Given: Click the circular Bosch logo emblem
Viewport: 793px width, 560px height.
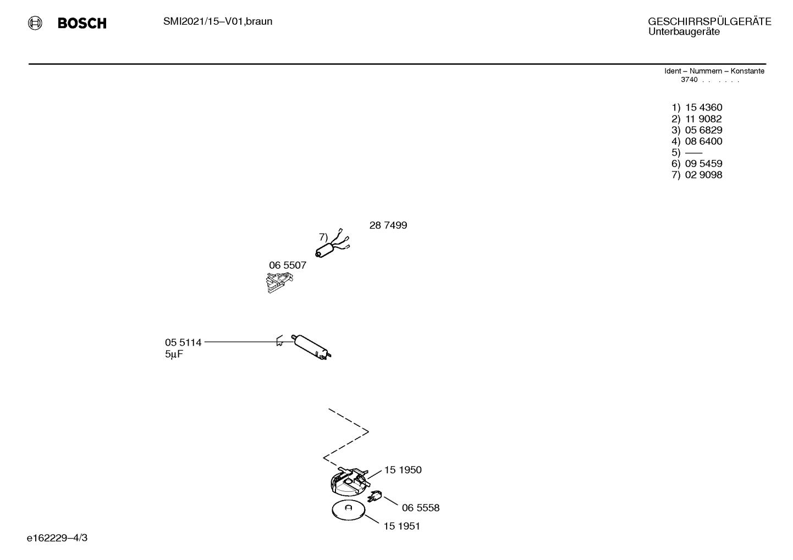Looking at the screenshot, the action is coord(35,23).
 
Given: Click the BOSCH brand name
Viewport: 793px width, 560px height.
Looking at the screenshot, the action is coord(82,23).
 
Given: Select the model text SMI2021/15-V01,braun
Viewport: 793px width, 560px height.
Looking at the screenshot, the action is coord(218,21).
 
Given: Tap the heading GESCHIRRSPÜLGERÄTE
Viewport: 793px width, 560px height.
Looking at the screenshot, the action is coord(709,21).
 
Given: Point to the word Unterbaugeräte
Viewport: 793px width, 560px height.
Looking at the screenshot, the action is coord(684,32).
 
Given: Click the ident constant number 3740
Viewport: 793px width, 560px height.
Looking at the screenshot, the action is coord(689,80).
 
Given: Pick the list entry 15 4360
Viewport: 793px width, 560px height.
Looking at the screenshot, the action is coord(703,107).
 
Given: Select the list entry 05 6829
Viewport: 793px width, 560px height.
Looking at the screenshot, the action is coord(703,130).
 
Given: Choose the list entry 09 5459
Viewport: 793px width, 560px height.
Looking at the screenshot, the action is coord(703,163).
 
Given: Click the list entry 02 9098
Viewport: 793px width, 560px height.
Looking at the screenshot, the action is coord(703,175).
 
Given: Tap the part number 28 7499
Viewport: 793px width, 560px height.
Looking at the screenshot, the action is coord(388,225).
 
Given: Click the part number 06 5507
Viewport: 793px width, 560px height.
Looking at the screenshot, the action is coord(288,265).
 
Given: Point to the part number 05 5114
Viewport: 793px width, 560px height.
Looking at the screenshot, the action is coord(183,342).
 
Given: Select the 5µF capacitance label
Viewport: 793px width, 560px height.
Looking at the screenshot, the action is coord(174,354).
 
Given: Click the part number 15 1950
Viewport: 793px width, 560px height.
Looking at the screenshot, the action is coord(403,470).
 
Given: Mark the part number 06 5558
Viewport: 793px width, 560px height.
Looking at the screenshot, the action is coord(421,508).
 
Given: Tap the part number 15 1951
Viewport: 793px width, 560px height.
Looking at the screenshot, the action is coord(402,526).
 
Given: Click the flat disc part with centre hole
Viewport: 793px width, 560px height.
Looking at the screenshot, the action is coord(348,511).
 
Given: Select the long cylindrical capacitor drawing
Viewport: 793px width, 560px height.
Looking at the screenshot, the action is coord(311,347).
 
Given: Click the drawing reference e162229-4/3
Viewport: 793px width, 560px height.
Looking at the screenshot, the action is coord(57,538).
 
